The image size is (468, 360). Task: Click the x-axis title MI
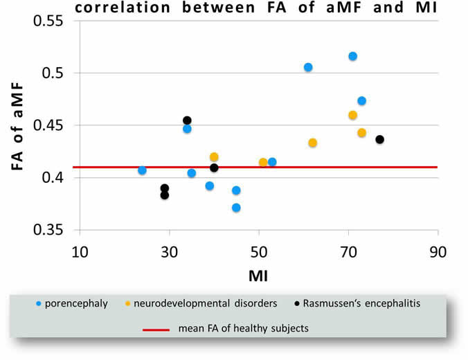[x=258, y=276]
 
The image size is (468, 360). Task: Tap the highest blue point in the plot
[x=353, y=56]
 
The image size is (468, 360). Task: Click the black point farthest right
[x=379, y=139]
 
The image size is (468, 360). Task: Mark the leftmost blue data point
[x=142, y=170]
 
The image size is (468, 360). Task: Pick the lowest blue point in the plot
[x=236, y=208]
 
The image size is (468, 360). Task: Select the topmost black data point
[x=187, y=120]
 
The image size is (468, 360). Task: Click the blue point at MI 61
[x=308, y=67]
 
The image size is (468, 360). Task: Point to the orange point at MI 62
[x=312, y=143]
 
